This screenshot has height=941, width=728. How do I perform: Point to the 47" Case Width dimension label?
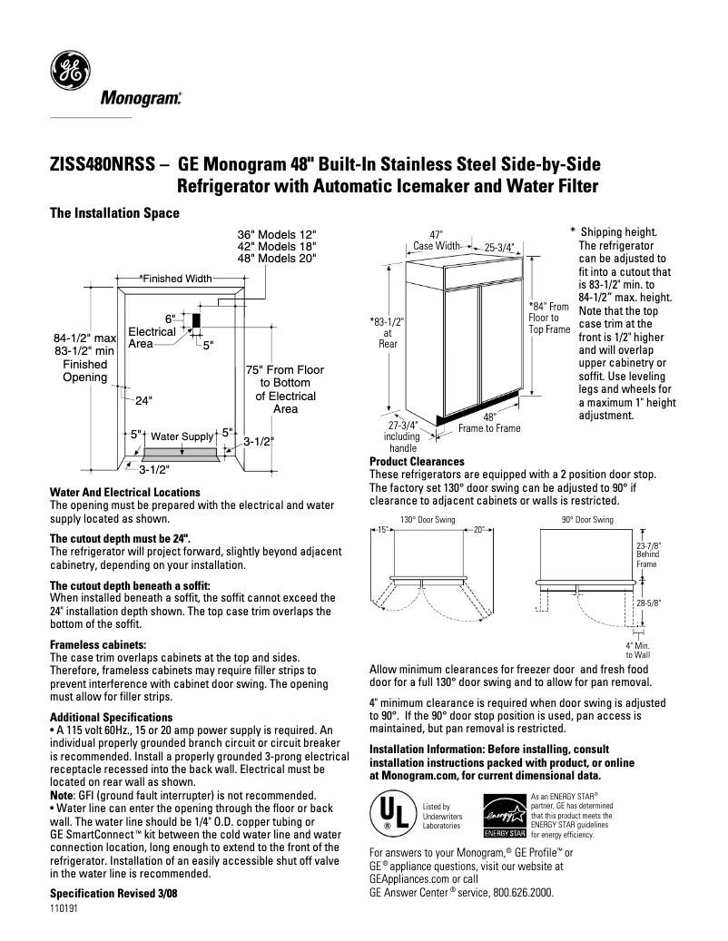(436, 240)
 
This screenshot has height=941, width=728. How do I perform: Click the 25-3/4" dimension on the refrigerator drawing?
(498, 246)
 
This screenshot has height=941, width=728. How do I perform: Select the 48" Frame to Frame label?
(489, 423)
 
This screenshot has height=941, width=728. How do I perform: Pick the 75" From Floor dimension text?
(285, 370)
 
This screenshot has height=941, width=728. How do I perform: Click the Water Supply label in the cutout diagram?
(181, 436)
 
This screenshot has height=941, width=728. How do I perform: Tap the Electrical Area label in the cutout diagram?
(152, 338)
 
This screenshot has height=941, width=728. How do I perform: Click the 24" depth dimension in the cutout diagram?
(143, 399)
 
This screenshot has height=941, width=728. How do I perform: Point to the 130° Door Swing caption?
(420, 520)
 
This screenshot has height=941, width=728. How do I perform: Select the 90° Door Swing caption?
(587, 520)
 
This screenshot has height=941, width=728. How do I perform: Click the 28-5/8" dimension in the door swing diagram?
(649, 602)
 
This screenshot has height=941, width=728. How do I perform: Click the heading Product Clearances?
(417, 462)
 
